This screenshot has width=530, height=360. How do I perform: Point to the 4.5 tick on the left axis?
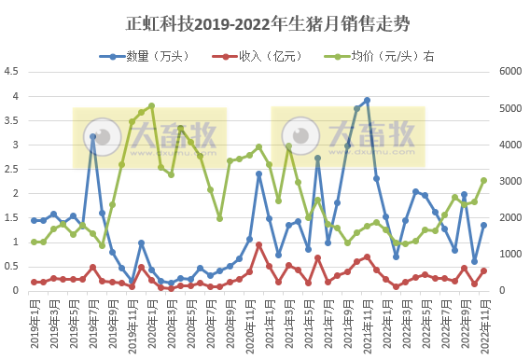[x=13, y=71]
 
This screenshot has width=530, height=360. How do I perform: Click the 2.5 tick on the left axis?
[x=13, y=169]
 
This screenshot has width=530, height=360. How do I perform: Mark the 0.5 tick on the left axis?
[x=13, y=267]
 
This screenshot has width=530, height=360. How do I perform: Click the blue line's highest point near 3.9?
[x=367, y=100]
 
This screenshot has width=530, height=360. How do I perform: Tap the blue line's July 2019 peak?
[x=92, y=136]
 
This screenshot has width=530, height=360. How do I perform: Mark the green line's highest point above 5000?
[x=151, y=106]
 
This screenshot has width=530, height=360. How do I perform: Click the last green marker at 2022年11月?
[x=483, y=180]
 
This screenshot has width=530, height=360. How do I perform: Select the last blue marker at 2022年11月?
[x=483, y=225]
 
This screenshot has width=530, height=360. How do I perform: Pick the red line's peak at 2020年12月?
[x=258, y=244]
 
